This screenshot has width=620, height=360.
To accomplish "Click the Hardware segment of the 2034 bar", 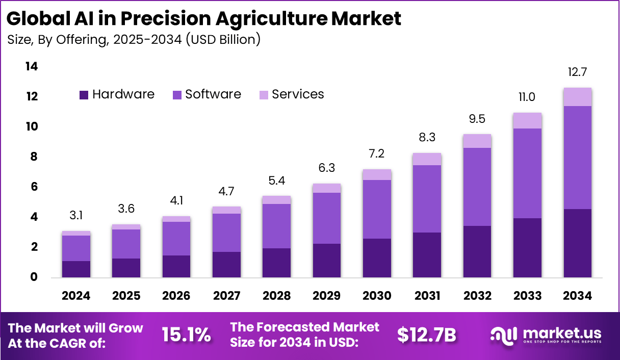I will click(577, 243).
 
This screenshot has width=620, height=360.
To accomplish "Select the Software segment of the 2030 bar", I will click(377, 209).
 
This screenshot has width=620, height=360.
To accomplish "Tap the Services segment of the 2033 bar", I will click(527, 120).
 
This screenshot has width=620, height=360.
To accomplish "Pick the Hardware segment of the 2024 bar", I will click(76, 269).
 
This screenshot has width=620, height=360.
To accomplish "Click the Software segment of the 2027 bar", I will click(226, 233).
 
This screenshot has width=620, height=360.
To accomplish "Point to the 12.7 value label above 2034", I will click(577, 72).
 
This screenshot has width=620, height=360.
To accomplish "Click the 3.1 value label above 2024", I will click(76, 215).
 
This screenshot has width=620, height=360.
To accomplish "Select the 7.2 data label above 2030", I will click(377, 153).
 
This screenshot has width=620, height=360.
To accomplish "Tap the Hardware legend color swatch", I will click(84, 95).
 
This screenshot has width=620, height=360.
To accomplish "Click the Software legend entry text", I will click(213, 94).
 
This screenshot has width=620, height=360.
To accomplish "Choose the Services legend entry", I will click(298, 94).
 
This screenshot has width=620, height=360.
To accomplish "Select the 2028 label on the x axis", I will click(276, 296).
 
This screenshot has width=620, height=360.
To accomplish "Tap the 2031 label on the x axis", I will click(427, 296).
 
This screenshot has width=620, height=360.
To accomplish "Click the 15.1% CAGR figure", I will click(186, 335).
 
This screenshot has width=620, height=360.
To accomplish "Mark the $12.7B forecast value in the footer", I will click(426, 335).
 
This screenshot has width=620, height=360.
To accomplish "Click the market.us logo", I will click(546, 335).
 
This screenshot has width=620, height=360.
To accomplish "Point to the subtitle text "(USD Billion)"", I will click(223, 39).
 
